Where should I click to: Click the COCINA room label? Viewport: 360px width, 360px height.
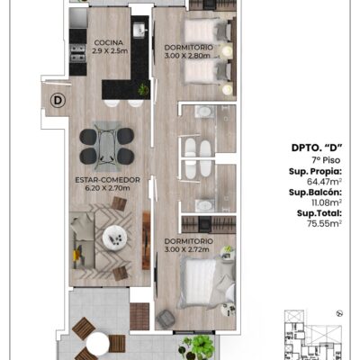click(109, 42)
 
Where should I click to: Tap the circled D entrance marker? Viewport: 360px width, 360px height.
click(58, 101)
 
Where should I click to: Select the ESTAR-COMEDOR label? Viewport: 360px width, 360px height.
click(108, 180)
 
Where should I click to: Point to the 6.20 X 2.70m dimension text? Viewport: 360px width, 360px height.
click(108, 188)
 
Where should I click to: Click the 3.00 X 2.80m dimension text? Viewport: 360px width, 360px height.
click(187, 56)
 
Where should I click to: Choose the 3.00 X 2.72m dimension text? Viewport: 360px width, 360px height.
click(187, 249)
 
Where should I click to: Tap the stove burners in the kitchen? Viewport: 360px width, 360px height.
click(77, 53)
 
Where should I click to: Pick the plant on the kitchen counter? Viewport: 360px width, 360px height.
click(143, 89)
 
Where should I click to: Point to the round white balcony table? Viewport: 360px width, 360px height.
click(97, 343)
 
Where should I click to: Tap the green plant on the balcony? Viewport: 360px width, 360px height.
click(198, 347)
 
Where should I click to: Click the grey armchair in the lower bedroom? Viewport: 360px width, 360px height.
click(166, 319)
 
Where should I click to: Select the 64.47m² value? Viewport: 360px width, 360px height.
click(325, 182)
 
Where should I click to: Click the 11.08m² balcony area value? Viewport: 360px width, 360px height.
click(327, 202)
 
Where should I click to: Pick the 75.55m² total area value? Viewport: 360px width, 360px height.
click(325, 223)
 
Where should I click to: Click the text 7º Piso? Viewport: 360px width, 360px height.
click(326, 160)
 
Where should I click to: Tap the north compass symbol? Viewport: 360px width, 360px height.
click(339, 313)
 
